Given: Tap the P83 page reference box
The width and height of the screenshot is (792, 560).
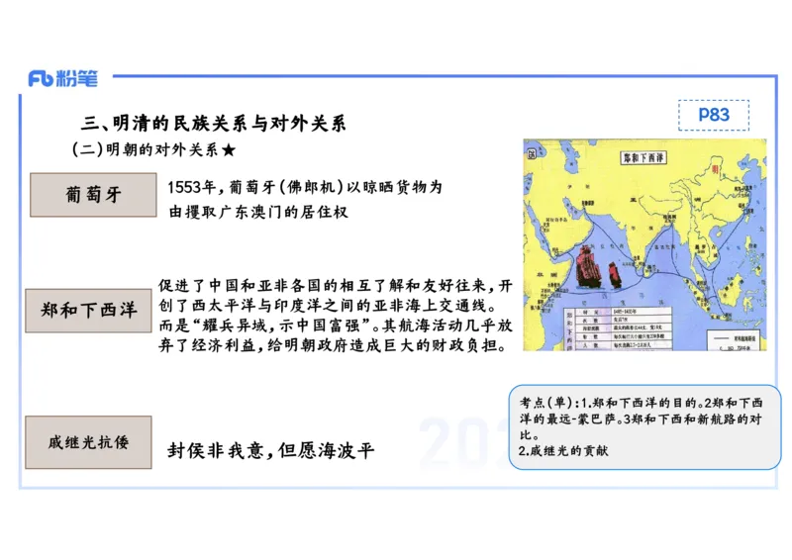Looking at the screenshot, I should [x=714, y=115].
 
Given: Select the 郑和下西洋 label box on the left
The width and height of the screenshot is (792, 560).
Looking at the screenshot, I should [x=89, y=310].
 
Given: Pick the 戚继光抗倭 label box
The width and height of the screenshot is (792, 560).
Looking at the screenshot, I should [x=89, y=442].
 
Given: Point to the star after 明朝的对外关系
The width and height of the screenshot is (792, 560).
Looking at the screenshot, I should [x=229, y=150].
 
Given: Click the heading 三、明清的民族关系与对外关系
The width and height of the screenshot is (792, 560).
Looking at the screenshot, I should [x=213, y=124].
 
